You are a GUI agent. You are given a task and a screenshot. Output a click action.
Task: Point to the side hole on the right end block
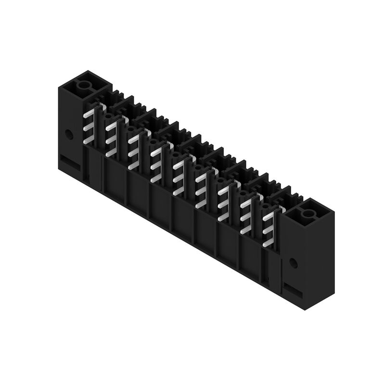[x=293, y=262]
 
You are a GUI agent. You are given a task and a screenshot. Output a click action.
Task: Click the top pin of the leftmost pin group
[x=88, y=115]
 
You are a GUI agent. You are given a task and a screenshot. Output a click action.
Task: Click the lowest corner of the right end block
[x=304, y=309]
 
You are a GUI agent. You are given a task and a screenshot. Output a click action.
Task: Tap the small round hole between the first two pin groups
[x=107, y=116]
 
